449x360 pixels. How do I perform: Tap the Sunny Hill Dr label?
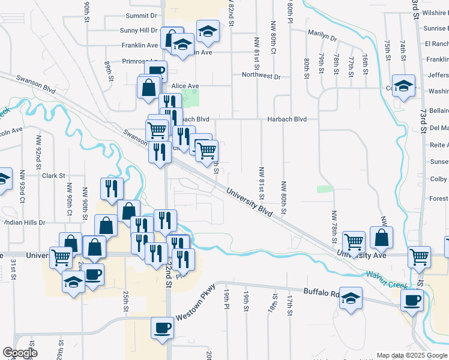[139, 30]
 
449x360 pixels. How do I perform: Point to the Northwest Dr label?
[261, 76]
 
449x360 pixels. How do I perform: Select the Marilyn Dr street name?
[322, 36]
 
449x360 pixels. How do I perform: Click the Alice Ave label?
[185, 86]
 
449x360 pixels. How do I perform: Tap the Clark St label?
[53, 176]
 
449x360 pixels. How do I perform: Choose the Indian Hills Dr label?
[24, 223]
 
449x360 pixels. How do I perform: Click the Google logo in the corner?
[20, 353]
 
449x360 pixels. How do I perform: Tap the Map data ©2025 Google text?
[411, 355]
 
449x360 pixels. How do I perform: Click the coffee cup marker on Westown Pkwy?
[162, 329]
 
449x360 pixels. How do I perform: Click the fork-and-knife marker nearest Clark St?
[112, 188]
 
